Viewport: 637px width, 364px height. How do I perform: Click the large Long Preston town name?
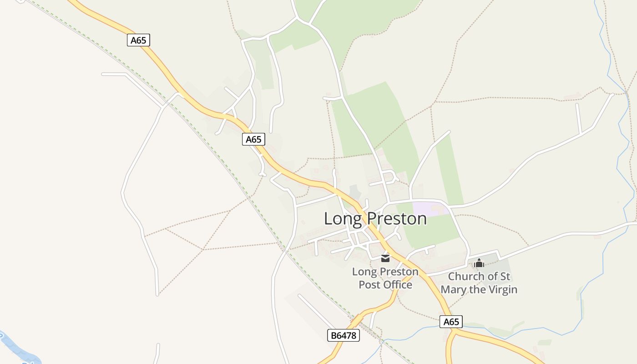tap(375, 219)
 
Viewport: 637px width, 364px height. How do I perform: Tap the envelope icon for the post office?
tap(385, 258)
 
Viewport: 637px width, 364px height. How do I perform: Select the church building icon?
tap(479, 263)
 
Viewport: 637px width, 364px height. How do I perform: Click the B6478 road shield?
tap(344, 336)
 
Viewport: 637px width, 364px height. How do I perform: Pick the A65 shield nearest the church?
tap(451, 322)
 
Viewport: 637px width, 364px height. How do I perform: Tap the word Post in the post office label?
tap(369, 285)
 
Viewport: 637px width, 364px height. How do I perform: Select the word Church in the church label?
tap(466, 277)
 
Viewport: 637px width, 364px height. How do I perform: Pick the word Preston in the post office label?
tap(399, 272)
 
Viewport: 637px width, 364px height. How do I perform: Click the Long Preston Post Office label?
tap(385, 278)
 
